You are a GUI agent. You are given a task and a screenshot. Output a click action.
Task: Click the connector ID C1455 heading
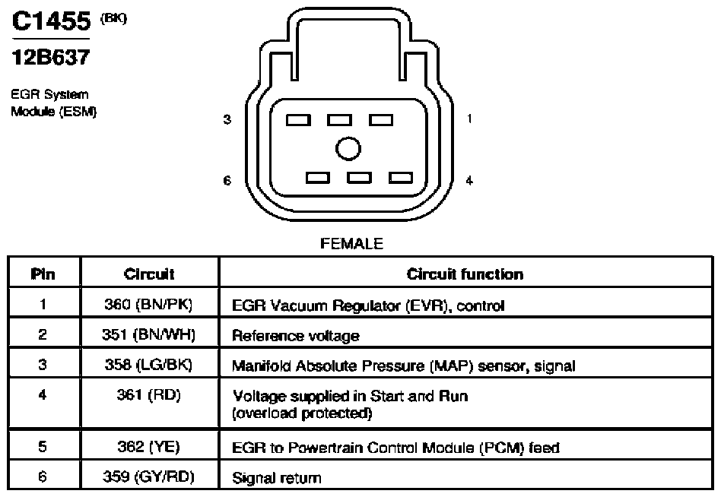click(x=52, y=21)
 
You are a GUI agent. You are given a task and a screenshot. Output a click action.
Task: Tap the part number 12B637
click(x=51, y=58)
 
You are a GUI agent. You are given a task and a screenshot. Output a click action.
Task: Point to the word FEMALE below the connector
click(x=351, y=243)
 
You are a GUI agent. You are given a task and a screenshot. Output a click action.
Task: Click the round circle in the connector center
click(x=348, y=149)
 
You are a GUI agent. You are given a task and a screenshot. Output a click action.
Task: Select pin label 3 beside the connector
click(x=227, y=119)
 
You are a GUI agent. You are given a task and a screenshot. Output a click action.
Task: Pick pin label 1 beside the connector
click(x=469, y=119)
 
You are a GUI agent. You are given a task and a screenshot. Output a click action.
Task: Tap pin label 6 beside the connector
click(x=227, y=181)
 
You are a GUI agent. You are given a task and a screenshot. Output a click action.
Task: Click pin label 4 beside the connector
click(x=469, y=181)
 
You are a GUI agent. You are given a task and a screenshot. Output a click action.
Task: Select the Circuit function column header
click(x=465, y=274)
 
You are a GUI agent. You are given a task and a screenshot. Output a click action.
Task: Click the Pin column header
click(x=43, y=274)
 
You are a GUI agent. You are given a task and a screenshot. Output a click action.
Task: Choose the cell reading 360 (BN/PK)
click(x=148, y=304)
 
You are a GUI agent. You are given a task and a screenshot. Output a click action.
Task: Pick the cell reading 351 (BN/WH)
click(x=148, y=334)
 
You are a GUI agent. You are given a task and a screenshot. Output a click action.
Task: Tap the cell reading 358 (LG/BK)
click(x=148, y=364)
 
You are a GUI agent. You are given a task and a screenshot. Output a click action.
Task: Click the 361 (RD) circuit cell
click(x=148, y=394)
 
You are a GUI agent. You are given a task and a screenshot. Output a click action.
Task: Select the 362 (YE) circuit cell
click(x=148, y=447)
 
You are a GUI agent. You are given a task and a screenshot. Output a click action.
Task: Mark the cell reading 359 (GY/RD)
click(x=148, y=476)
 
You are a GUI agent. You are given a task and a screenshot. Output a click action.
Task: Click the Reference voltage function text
click(x=296, y=336)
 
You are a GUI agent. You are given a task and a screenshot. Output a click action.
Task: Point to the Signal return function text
click(x=277, y=478)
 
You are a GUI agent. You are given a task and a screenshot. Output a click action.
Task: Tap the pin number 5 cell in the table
click(x=43, y=447)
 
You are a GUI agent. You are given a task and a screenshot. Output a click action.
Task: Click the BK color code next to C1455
click(x=113, y=18)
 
